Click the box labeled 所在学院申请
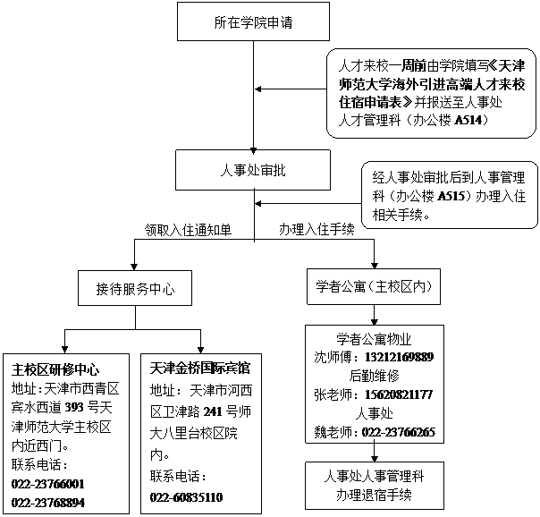coord(253,21)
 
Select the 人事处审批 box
coord(253,170)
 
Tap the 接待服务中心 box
coord(135,288)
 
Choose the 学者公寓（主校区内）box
coord(374,286)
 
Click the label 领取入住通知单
coord(188,230)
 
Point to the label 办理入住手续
coord(316,229)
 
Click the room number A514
coord(468,120)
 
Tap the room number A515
coord(451,196)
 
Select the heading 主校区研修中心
coord(55,369)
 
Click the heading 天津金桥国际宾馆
coord(199,369)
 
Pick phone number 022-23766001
coord(48,484)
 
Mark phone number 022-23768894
coord(48,503)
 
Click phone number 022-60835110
coord(186,497)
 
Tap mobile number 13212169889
coord(399,357)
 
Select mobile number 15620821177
coord(399,394)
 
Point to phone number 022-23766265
coord(399,432)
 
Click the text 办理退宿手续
coord(374,495)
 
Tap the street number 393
coord(74,408)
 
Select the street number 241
coord(213,411)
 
